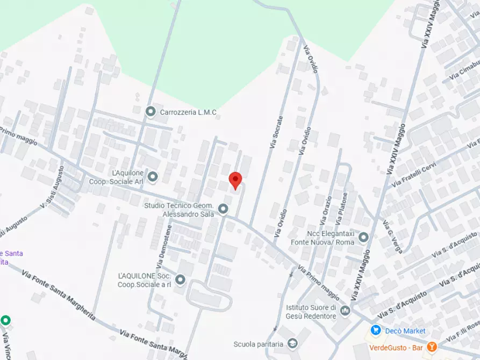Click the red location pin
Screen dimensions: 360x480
(x=235, y=181)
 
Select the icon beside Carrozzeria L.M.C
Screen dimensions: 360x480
(x=151, y=112)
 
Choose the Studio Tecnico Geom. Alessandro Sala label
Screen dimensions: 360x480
(x=179, y=210)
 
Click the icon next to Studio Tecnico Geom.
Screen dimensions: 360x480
(x=224, y=209)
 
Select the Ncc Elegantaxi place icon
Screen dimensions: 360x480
(x=364, y=237)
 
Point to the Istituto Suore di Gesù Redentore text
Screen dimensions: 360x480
(x=311, y=312)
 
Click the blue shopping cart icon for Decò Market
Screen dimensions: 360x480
(x=376, y=330)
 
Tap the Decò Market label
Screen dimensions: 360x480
(x=405, y=331)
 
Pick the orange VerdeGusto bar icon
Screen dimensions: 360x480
(x=431, y=347)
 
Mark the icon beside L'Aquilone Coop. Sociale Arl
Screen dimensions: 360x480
(x=153, y=176)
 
